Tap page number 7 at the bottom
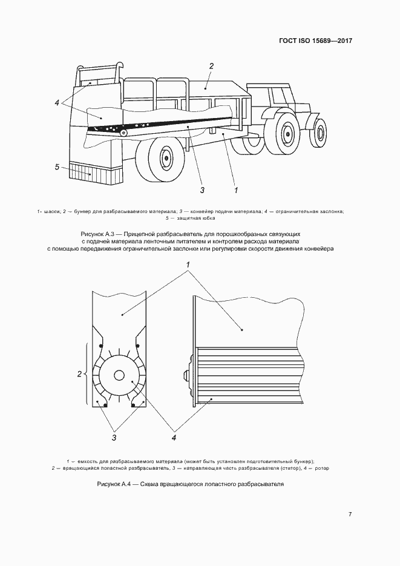point(350,514)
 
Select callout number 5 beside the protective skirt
point(57,166)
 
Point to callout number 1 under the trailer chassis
point(236,190)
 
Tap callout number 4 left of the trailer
point(57,102)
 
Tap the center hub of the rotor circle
point(119,375)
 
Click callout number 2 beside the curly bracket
point(79,374)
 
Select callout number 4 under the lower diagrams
point(174,436)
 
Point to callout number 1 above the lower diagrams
point(188,265)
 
